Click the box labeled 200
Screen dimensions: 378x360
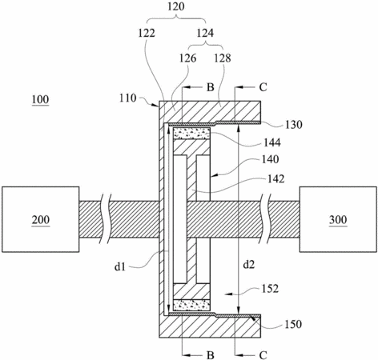41,219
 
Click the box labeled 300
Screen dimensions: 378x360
338,219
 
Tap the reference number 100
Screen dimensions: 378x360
40,100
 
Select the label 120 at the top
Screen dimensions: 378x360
176,6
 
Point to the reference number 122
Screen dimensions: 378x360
147,33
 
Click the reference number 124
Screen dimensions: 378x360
205,33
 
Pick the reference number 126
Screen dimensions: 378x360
187,58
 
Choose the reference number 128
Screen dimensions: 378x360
223,58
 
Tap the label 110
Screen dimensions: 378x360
128,98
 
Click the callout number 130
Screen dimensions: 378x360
294,125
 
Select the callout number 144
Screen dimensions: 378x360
272,142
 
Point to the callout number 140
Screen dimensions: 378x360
271,159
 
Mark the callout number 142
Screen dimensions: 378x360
275,179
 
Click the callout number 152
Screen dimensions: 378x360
270,289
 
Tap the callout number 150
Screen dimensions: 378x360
293,324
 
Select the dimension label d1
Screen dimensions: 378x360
120,266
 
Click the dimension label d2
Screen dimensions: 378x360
249,265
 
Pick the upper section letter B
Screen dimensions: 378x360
211,87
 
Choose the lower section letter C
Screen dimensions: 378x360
263,355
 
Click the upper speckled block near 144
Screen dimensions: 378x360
191,134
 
